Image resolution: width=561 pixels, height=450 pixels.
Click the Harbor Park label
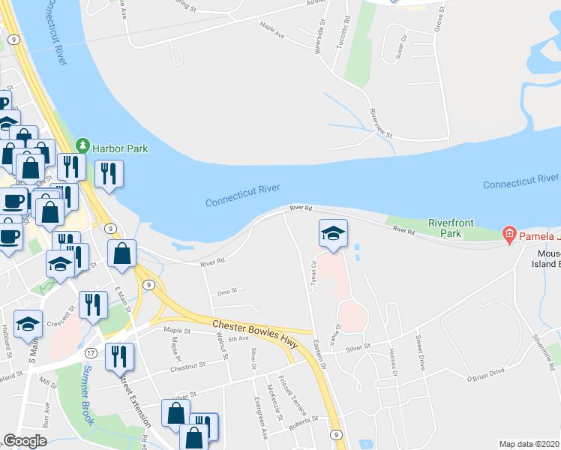pyautogui.click(x=120, y=148)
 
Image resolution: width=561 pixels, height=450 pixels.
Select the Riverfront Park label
pyautogui.click(x=454, y=228)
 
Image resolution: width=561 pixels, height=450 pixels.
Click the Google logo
pyautogui.click(x=25, y=441)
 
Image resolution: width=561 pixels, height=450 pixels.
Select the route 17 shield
pyautogui.click(x=91, y=352)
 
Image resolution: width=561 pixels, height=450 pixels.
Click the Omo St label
pyautogui.click(x=226, y=291)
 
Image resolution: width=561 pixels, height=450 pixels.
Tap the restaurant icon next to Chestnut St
pyautogui.click(x=119, y=357)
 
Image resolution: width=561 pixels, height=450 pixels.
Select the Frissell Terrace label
pyautogui.click(x=289, y=391)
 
